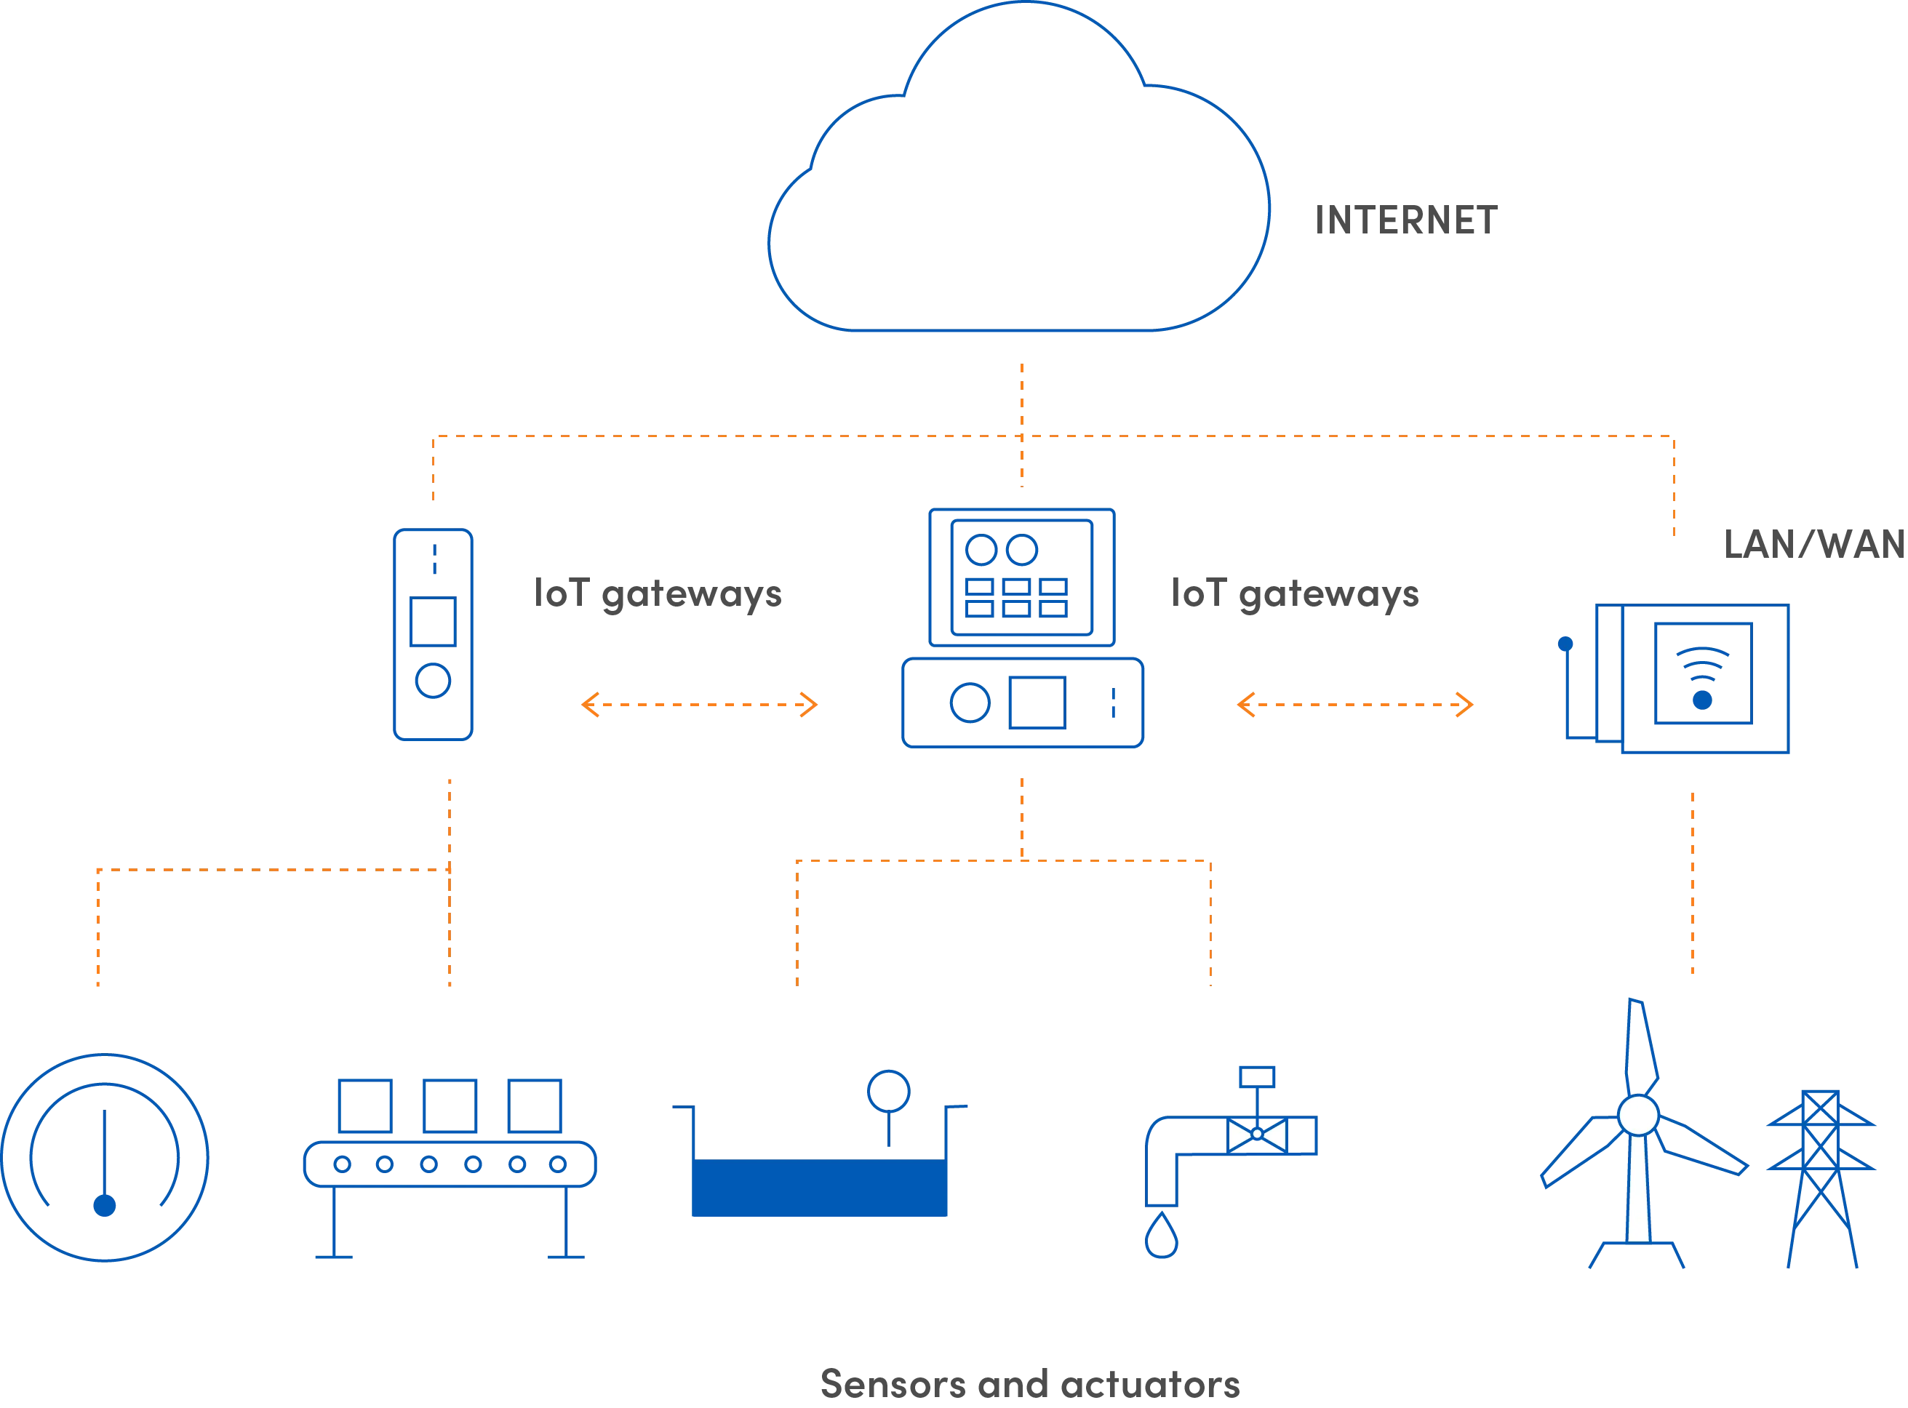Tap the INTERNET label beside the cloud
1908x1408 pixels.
[1406, 223]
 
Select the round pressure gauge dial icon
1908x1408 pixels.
[105, 1157]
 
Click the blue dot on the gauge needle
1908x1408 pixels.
[105, 1205]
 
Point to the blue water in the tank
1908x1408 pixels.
[818, 1188]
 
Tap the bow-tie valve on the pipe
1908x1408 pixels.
[1257, 1135]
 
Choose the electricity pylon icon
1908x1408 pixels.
[1820, 1180]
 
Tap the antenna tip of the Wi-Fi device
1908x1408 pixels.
[1565, 644]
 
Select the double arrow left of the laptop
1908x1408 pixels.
[698, 704]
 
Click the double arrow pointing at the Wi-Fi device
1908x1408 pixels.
[1356, 704]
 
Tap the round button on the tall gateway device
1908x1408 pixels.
[433, 680]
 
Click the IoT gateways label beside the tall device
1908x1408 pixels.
[658, 594]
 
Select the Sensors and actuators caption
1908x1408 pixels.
[1029, 1385]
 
